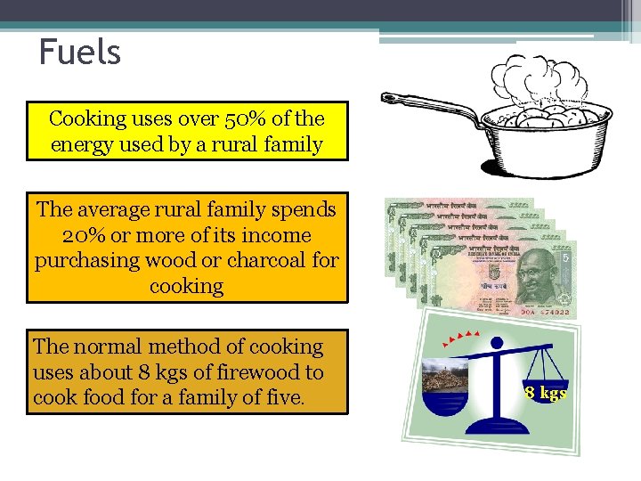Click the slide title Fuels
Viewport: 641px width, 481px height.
(x=79, y=53)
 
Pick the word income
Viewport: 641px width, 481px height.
(x=276, y=236)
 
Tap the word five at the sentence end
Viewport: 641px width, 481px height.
(x=282, y=396)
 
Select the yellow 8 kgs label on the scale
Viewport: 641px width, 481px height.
(x=545, y=392)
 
